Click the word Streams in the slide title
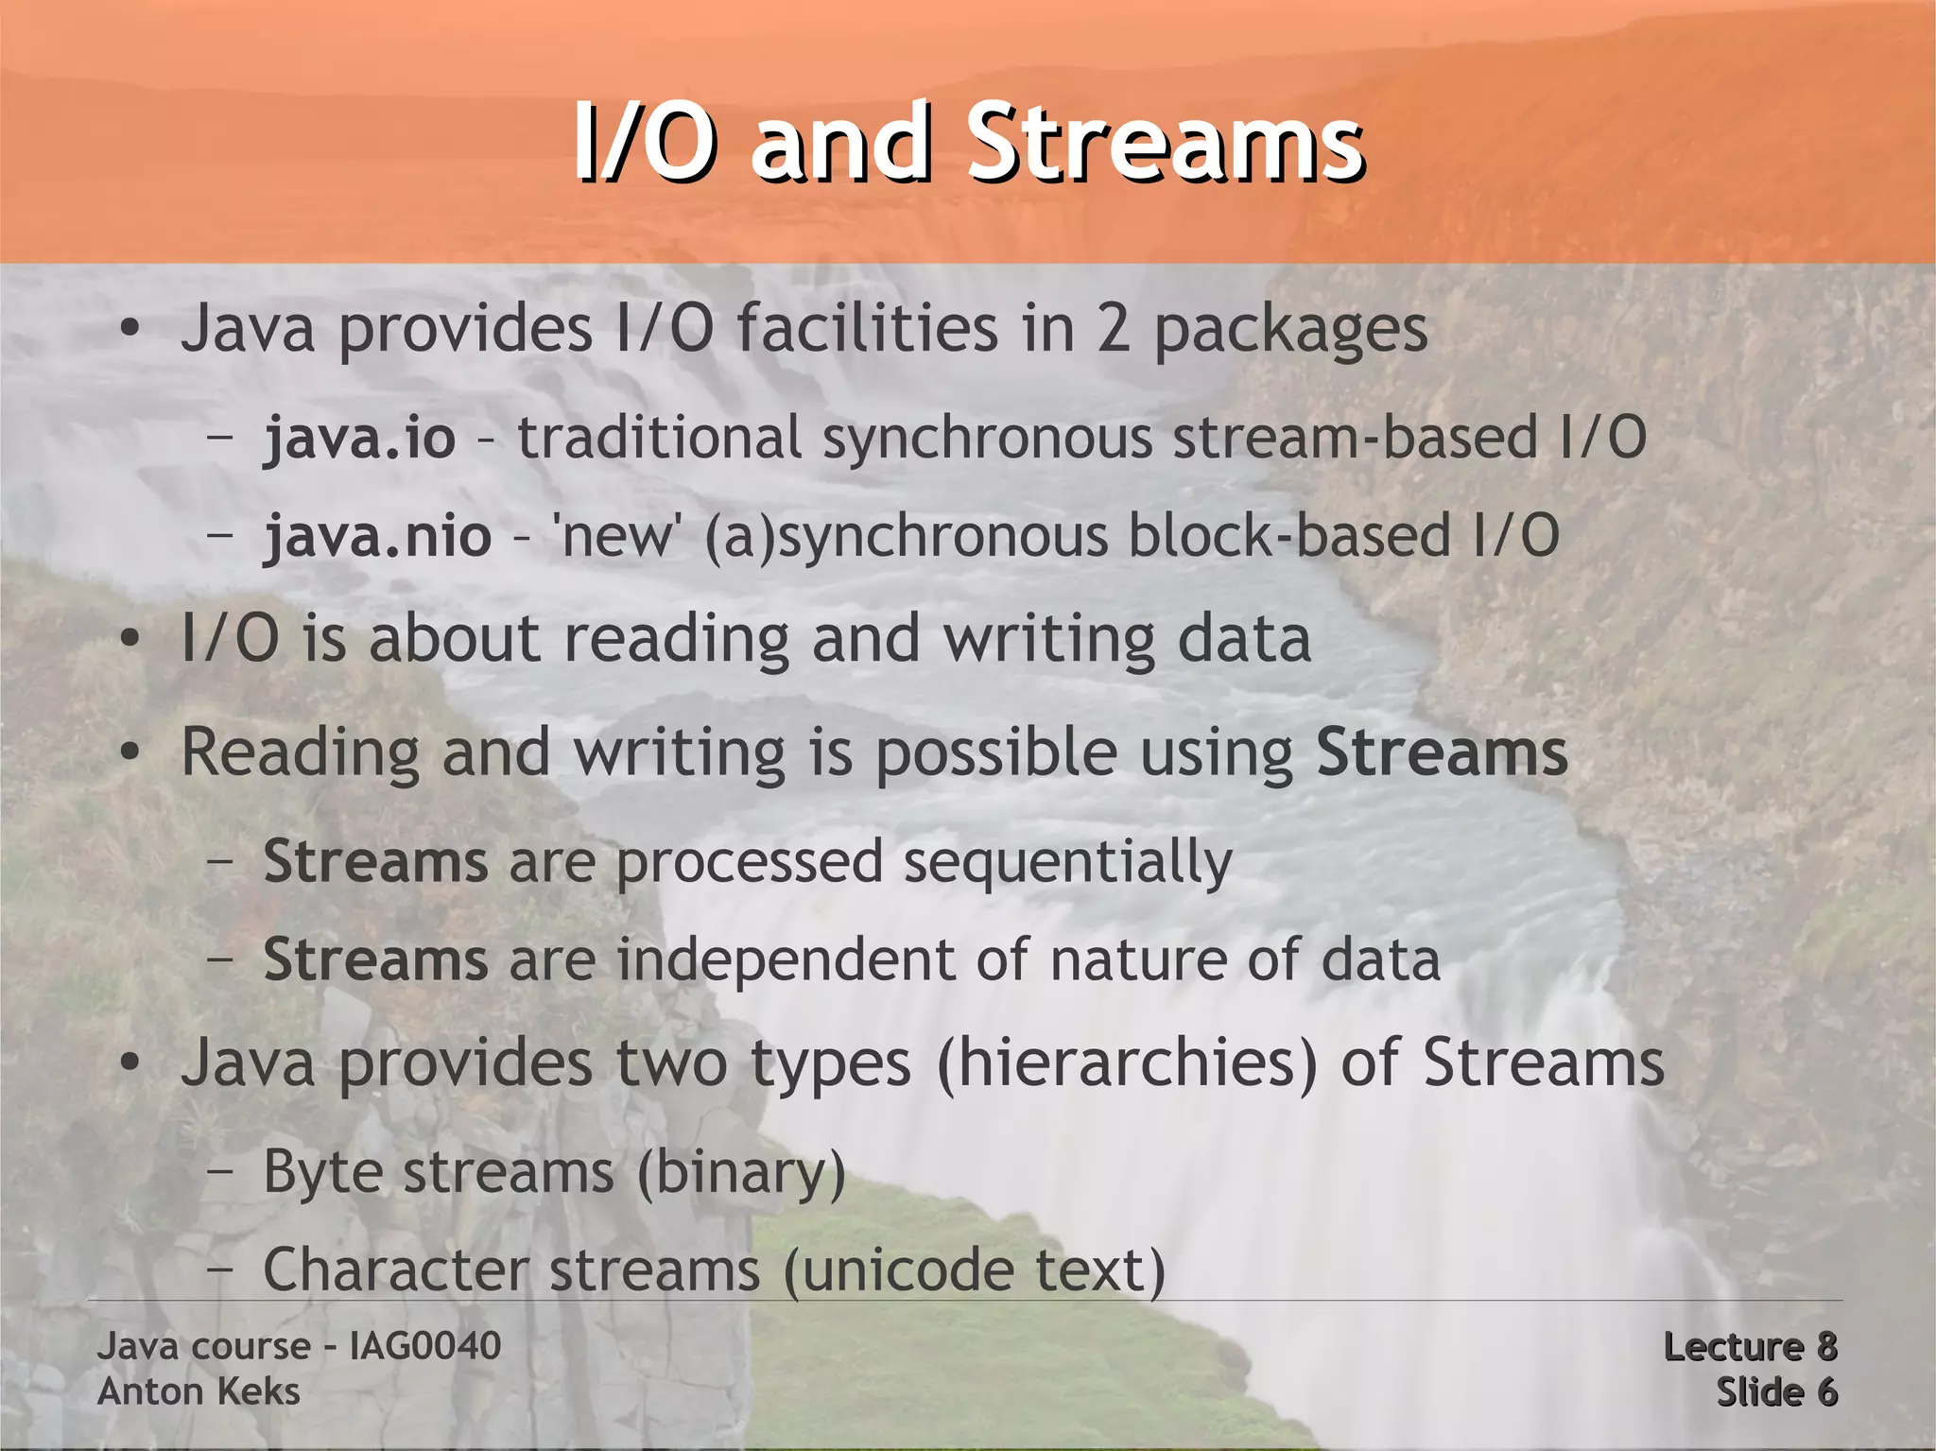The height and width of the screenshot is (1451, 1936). point(1165,144)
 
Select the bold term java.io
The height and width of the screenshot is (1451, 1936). point(359,439)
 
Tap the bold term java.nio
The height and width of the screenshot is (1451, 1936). point(377,536)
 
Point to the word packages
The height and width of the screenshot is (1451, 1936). point(1290,330)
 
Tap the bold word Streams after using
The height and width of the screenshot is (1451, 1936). point(1442,752)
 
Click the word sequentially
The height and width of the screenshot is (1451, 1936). point(1067,863)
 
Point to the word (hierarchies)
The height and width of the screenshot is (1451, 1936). point(1127,1063)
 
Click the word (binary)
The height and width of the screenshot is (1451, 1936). point(741,1173)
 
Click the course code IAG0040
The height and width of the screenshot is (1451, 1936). point(424,1346)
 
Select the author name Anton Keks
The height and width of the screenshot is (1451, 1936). point(199,1391)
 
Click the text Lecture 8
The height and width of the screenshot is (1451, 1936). point(1750,1347)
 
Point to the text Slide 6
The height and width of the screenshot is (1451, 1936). point(1776,1392)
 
